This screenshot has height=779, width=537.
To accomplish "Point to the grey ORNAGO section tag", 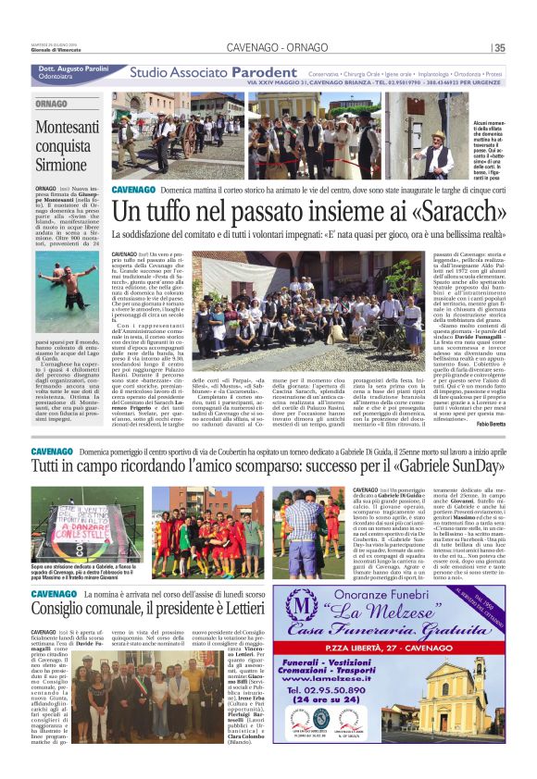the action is point(52,104).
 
